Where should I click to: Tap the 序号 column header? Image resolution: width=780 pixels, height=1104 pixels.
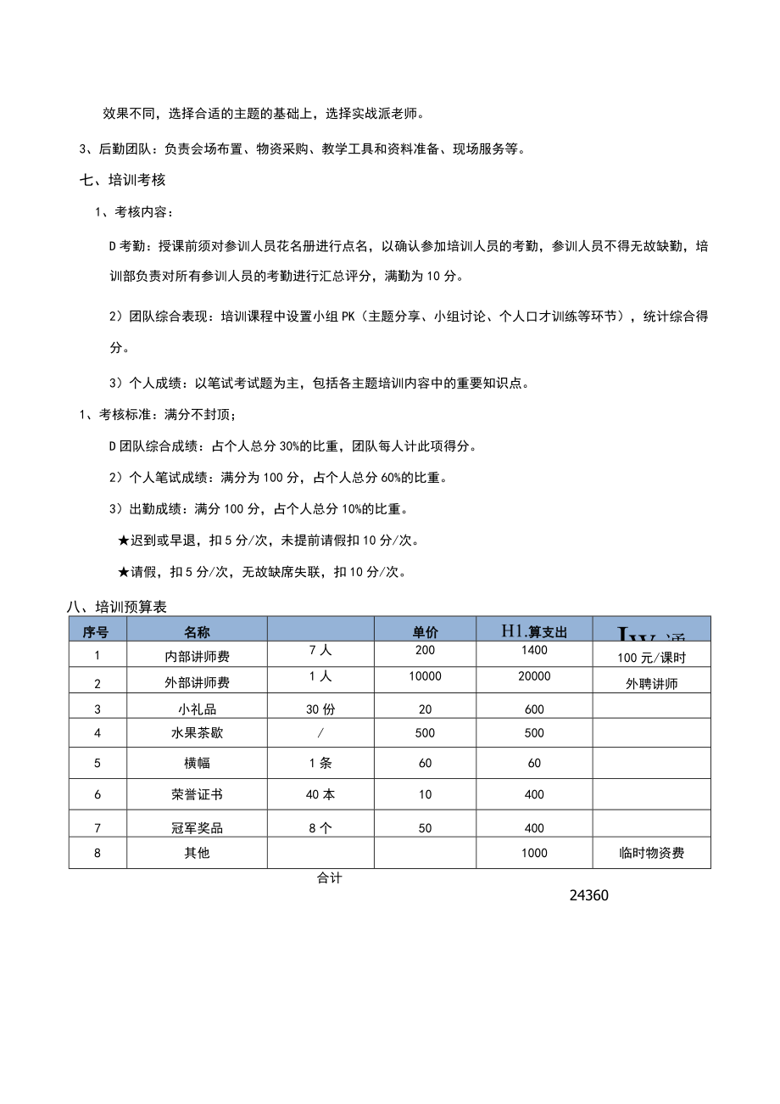point(97,631)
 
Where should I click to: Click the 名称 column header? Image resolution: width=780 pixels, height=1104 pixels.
point(197,631)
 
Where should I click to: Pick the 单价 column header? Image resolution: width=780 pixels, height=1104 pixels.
point(425,631)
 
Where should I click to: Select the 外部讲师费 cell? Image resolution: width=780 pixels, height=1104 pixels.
point(197,682)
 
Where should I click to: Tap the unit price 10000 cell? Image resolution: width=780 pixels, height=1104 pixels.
point(425,676)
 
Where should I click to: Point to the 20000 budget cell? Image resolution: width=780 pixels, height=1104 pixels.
point(534,676)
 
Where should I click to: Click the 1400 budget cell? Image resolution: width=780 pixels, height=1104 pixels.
point(534,651)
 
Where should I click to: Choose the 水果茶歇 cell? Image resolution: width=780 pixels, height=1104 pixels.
point(197,732)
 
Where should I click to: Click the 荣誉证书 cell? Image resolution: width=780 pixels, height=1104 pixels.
point(197,795)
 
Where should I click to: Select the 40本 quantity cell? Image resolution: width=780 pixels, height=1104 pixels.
point(320,795)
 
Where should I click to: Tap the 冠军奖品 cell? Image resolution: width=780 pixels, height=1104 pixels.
point(197,827)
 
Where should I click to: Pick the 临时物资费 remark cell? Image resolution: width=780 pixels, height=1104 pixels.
point(651,853)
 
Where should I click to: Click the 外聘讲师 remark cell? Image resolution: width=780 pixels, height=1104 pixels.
point(651,683)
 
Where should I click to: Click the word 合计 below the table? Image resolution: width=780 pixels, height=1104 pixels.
point(329,879)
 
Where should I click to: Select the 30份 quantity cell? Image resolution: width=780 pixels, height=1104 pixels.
point(320,709)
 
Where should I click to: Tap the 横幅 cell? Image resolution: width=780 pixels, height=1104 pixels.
point(197,763)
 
